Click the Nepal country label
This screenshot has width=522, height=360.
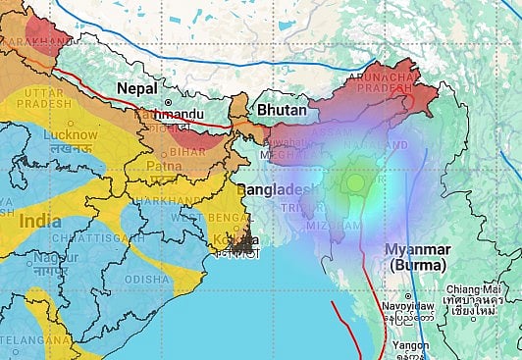(137, 88)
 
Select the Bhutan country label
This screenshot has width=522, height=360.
(282, 111)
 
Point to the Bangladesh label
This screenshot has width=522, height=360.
(279, 188)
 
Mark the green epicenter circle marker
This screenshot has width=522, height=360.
(354, 181)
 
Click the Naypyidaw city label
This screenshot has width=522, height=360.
(408, 307)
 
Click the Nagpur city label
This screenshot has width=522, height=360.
(48, 257)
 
